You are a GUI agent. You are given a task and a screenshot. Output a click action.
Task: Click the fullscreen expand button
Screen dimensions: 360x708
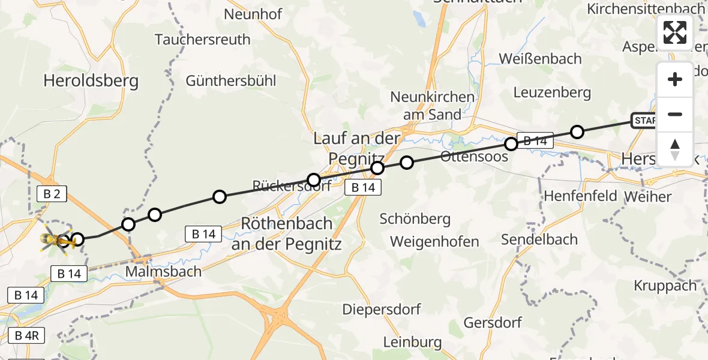[x=675, y=32]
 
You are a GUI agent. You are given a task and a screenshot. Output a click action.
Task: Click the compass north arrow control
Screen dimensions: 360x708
[x=675, y=149]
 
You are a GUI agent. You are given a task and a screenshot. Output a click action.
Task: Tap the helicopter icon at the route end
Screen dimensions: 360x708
[x=56, y=240]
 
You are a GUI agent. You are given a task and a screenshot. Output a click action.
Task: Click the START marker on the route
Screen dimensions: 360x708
[x=645, y=121]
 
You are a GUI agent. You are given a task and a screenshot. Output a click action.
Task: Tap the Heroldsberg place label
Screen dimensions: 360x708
[x=91, y=80]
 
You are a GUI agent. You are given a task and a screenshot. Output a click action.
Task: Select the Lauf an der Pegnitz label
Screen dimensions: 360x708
[x=356, y=148]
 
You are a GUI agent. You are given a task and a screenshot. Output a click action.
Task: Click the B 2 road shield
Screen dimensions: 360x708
[x=52, y=193]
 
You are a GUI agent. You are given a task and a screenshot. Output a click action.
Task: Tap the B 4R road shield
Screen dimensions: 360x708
[x=26, y=335]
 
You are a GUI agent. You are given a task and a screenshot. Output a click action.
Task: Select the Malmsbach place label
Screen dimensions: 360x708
[x=163, y=271]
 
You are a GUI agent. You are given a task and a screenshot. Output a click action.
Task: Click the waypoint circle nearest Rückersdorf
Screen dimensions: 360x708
[x=314, y=179]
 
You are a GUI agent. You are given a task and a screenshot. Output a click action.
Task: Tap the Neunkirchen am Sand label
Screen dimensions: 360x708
[x=432, y=106]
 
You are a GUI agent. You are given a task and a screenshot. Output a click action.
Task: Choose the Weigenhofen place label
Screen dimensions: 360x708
[x=434, y=242]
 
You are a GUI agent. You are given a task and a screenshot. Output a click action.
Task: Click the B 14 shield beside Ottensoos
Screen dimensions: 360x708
[x=535, y=141]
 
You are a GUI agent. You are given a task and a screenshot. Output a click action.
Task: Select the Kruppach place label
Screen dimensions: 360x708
[x=665, y=286]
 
